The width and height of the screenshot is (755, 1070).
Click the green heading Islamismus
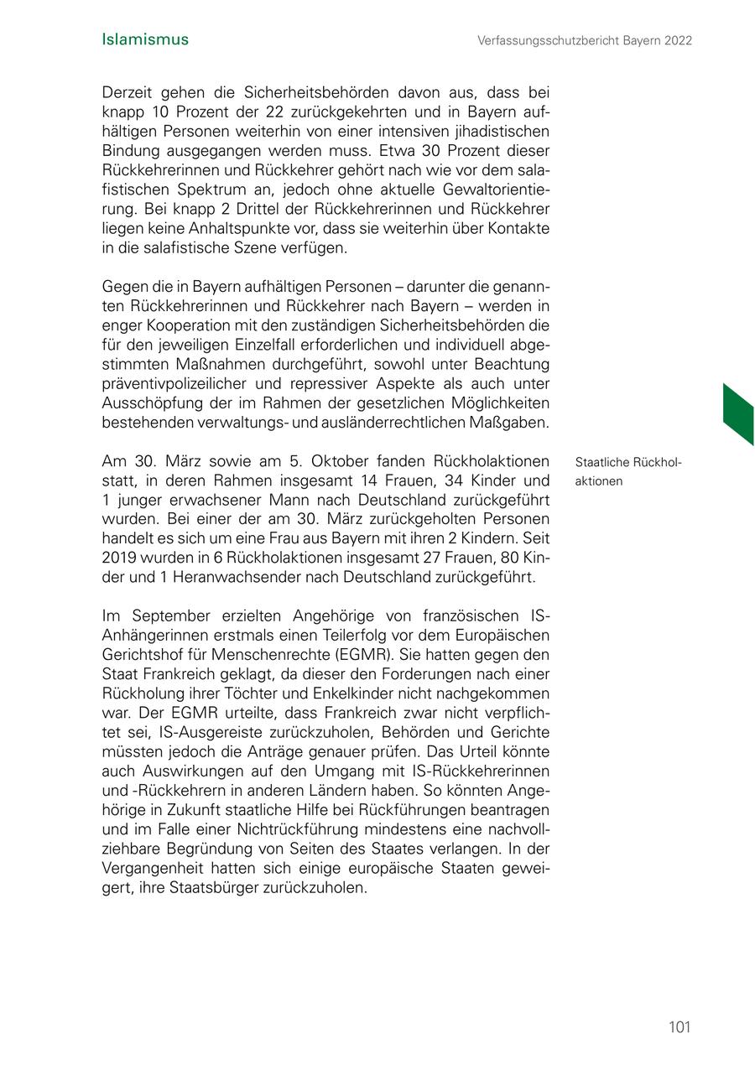pos(144,39)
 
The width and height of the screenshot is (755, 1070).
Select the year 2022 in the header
pos(677,40)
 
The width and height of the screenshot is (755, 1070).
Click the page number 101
pos(679,1027)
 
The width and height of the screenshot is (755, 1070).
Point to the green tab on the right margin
pos(737,413)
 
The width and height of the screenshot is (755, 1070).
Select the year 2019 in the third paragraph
pos(118,558)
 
